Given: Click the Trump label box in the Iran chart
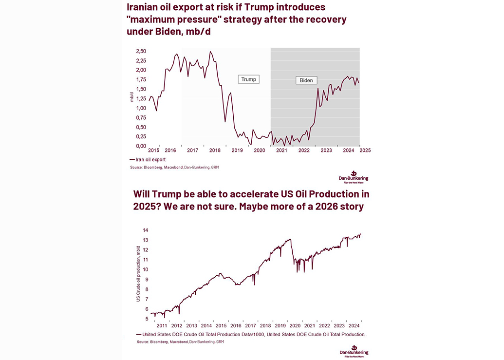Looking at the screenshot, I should pos(248,79).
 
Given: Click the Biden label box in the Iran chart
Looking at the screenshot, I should pos(306,80).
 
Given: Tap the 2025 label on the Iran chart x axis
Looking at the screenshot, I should pos(365,151).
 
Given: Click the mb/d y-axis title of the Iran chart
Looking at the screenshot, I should pos(132,96).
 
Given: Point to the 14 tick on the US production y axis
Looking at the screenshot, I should pos(145,230).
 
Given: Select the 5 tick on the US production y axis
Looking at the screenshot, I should pos(146,319).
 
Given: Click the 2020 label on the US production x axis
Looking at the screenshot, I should pos(294,325).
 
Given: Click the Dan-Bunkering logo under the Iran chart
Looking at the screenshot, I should pos(354,176).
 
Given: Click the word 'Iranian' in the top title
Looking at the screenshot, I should pos(144,8).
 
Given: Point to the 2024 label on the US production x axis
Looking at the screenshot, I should pos(354,325).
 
